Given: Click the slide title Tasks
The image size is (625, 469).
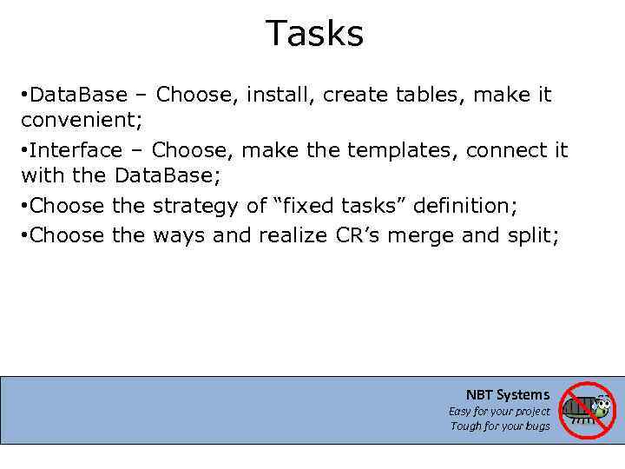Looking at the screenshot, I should tap(314, 34).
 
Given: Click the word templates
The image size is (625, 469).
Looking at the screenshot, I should tap(402, 150).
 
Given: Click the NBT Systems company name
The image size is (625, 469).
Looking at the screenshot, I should tap(508, 395).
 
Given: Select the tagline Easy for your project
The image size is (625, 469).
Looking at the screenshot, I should tap(499, 412).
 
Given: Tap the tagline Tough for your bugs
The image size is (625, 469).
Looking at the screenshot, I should tap(500, 426).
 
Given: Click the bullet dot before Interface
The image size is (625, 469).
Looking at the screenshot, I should tap(24, 150).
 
